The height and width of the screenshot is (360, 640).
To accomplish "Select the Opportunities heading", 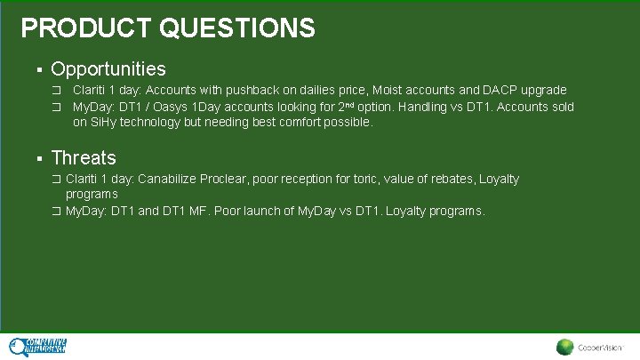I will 108,68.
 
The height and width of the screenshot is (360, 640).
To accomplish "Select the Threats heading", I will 84,158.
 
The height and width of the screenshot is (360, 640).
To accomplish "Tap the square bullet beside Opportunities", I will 39,69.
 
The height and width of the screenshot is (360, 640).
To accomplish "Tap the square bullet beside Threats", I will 39,159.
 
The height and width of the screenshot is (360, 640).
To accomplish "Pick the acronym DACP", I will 502,91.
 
